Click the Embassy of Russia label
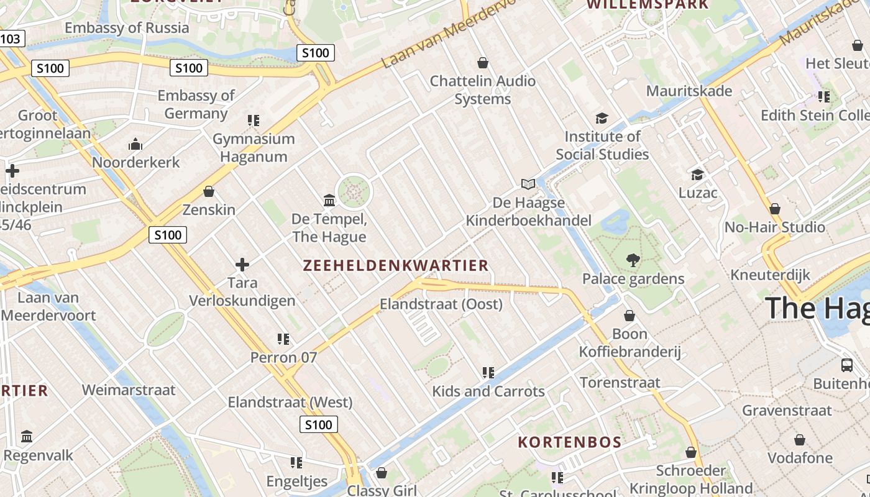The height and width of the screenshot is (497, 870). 127,28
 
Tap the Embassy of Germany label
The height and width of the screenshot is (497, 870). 196,104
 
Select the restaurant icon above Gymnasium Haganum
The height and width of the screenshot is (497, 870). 253,120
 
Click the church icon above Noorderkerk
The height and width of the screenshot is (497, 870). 135,145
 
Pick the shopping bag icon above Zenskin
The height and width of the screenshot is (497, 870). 209,191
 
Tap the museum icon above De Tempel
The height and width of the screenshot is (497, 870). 329,200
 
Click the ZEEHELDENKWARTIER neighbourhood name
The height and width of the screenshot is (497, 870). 396,266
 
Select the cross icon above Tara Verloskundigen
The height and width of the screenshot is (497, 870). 242,265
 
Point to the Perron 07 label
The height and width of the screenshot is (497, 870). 283,358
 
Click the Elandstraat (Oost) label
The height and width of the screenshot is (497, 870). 441,304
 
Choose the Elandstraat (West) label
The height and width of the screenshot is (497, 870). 290,403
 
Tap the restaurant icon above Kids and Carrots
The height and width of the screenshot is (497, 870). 488,373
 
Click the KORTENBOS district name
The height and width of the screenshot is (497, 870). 570,442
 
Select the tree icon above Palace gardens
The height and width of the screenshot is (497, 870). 633,260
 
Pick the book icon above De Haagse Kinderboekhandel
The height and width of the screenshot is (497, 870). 528,184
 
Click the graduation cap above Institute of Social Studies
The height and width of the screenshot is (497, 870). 602,118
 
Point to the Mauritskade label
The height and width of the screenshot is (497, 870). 689,91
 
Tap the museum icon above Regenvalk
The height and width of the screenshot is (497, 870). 27,437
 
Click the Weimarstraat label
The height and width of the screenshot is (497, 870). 129,390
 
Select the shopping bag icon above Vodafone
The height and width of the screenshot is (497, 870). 800,440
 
